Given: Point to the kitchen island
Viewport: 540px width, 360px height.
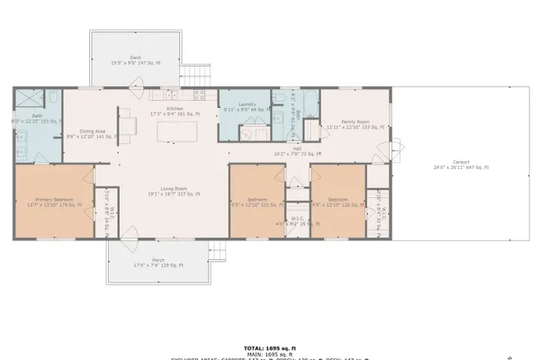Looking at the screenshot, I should (176, 132).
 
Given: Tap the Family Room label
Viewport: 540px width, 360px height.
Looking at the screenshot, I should (355, 124).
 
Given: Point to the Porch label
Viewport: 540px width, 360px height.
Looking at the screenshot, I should (157, 263).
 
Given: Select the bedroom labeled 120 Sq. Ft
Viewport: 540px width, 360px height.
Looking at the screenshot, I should (337, 202).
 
